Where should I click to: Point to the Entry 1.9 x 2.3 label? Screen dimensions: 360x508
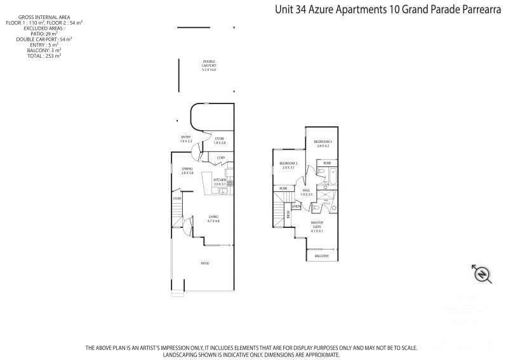click(186, 139)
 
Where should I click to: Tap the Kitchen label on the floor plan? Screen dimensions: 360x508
click(220, 182)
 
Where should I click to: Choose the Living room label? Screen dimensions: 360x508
click(213, 219)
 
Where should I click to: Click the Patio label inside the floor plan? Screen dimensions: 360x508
click(205, 263)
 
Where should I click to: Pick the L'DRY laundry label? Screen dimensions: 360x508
click(221, 157)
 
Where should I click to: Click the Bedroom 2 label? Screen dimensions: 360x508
click(288, 165)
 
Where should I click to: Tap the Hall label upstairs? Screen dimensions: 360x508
click(306, 192)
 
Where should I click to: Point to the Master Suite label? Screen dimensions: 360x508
click(317, 227)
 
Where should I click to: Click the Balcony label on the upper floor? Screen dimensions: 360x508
click(321, 256)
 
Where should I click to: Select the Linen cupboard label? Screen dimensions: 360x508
click(296, 206)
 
